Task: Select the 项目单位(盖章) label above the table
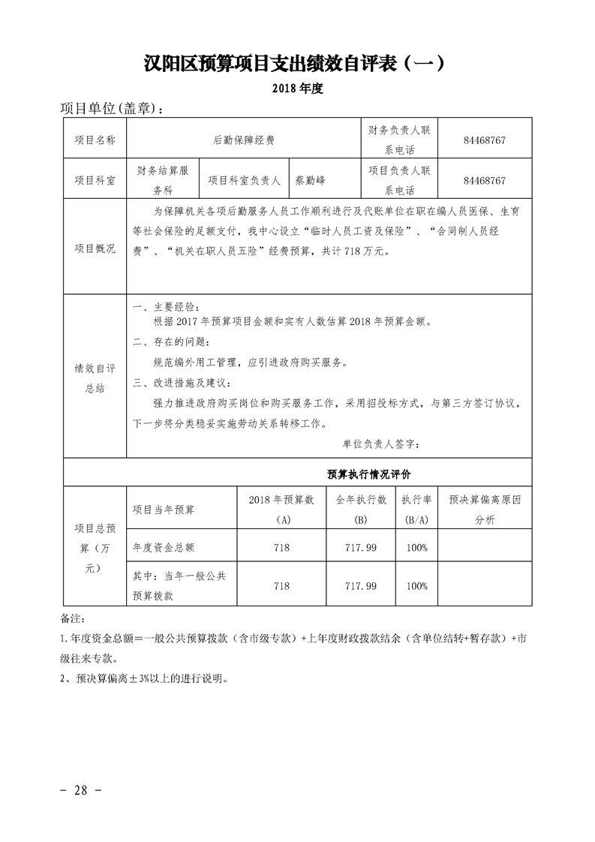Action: (111, 109)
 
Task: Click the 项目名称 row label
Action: (95, 140)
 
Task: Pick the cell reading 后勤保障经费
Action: (244, 140)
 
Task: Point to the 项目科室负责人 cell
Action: (244, 180)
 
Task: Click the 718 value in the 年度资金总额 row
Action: (282, 548)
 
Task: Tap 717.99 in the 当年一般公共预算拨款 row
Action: (360, 585)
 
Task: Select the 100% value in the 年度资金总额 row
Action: (416, 548)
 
